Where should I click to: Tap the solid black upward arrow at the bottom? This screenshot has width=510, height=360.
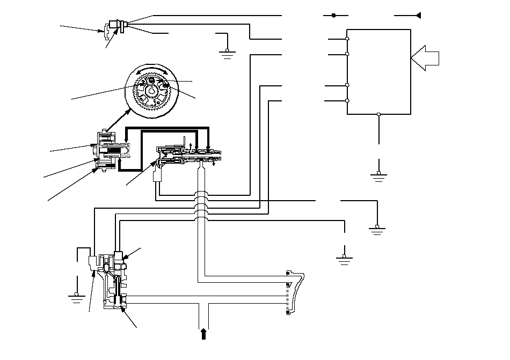(x=203, y=334)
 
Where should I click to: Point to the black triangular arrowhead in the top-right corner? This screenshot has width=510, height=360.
(x=418, y=16)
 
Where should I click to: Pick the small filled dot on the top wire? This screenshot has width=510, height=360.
(x=333, y=16)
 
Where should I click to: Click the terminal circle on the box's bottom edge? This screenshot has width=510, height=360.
(x=379, y=114)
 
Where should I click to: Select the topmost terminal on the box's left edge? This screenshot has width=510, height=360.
(x=347, y=40)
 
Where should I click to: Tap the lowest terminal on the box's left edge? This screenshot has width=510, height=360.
(x=347, y=101)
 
